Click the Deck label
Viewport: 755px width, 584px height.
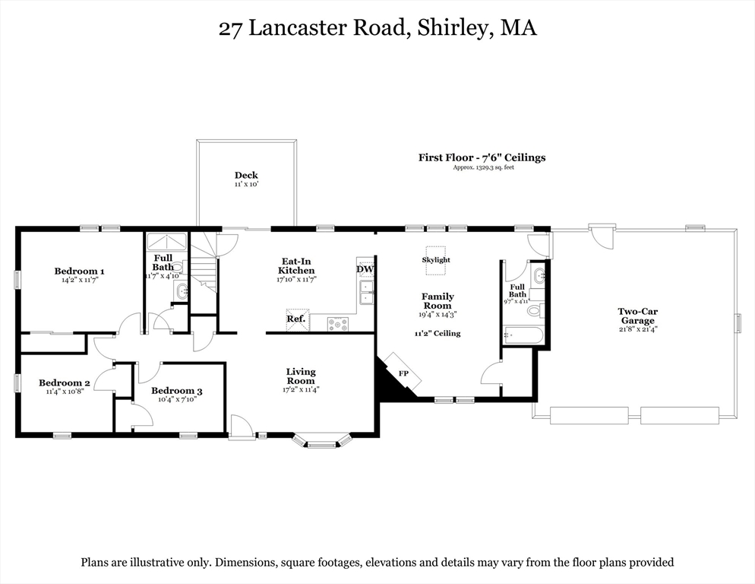pyautogui.click(x=246, y=176)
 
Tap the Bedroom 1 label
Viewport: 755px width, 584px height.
pyautogui.click(x=79, y=271)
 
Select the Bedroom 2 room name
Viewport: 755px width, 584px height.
pyautogui.click(x=65, y=383)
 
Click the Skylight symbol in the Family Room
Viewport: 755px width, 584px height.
pyautogui.click(x=436, y=253)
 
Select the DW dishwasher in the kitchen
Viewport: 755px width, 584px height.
pyautogui.click(x=365, y=269)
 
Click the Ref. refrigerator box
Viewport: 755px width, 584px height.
pyautogui.click(x=297, y=319)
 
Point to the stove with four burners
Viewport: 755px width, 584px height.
pyautogui.click(x=337, y=324)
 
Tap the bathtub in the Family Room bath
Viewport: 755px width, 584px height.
pyautogui.click(x=523, y=335)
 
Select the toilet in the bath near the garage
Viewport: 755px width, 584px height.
pyautogui.click(x=535, y=309)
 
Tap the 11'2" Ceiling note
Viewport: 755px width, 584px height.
pyautogui.click(x=438, y=333)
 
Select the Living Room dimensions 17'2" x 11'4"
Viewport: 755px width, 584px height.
pyautogui.click(x=301, y=390)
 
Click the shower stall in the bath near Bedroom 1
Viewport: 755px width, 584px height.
pyautogui.click(x=167, y=242)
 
